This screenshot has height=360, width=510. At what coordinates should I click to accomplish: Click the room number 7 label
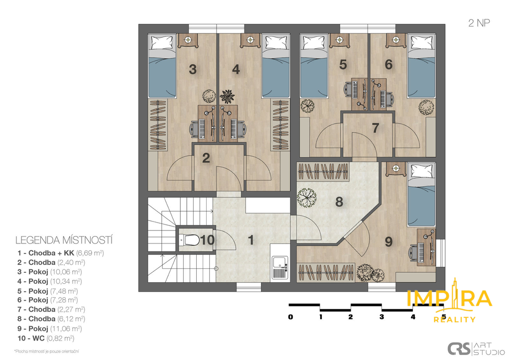[x=376, y=128]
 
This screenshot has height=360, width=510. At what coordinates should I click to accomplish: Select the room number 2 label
[x=206, y=158]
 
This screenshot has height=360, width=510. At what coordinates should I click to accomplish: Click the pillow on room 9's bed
[x=422, y=171]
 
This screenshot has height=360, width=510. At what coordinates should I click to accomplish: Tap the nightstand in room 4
[x=250, y=40]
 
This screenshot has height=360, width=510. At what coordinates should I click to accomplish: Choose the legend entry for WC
[x=46, y=338]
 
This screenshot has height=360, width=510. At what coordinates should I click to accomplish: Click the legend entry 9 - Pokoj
[x=50, y=329]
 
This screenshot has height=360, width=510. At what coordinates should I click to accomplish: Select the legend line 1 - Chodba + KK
[x=61, y=252]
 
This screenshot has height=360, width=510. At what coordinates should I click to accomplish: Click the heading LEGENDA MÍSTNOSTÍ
[x=64, y=240]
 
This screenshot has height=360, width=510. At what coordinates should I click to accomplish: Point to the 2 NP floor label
[x=479, y=23]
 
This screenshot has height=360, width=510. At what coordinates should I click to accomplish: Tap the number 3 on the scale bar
[x=382, y=317]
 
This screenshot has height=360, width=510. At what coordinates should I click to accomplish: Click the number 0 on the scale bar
[x=290, y=317]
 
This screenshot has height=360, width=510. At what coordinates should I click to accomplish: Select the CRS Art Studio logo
[x=476, y=349]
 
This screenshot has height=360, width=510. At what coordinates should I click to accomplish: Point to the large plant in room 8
[x=306, y=198]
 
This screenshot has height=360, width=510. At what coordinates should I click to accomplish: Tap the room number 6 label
[x=388, y=65]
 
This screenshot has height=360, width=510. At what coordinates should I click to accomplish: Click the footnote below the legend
[x=46, y=351]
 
